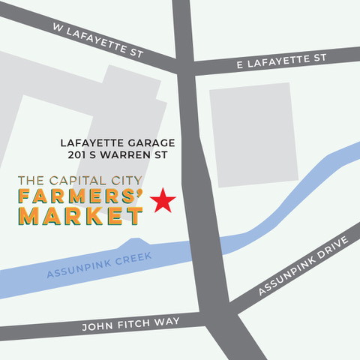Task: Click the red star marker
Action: point(163,200)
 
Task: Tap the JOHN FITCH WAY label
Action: point(132,322)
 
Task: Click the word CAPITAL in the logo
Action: point(77,181)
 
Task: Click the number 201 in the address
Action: point(75,156)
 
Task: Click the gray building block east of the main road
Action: point(250,135)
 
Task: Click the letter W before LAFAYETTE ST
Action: point(56,27)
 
